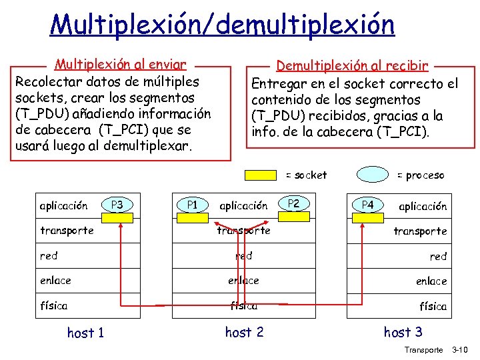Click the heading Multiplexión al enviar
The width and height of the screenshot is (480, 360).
[120, 65]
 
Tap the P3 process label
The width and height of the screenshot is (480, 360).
[117, 205]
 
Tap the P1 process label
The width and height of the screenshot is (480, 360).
[192, 205]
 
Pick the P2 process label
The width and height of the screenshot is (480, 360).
[293, 203]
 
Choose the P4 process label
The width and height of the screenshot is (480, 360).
[367, 205]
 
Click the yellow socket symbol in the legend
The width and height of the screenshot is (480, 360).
[263, 175]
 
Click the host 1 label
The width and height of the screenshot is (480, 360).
[85, 332]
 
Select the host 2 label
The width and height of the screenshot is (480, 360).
[244, 331]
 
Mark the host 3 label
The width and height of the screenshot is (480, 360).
[403, 331]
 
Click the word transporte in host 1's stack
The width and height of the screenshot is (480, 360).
[67, 231]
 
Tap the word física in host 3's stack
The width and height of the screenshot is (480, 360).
[433, 307]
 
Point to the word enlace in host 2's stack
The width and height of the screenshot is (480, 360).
[243, 281]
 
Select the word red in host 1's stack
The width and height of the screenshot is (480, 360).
[49, 255]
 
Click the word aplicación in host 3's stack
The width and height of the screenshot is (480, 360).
[423, 206]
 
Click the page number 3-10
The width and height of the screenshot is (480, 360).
[460, 349]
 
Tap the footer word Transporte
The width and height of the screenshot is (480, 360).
[423, 349]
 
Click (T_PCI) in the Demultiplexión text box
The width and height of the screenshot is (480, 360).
[401, 131]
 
